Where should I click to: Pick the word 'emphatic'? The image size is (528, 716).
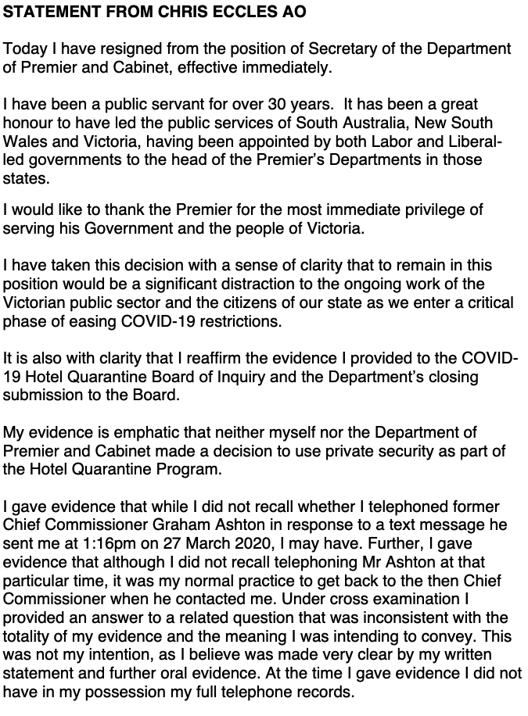(x=132, y=432)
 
